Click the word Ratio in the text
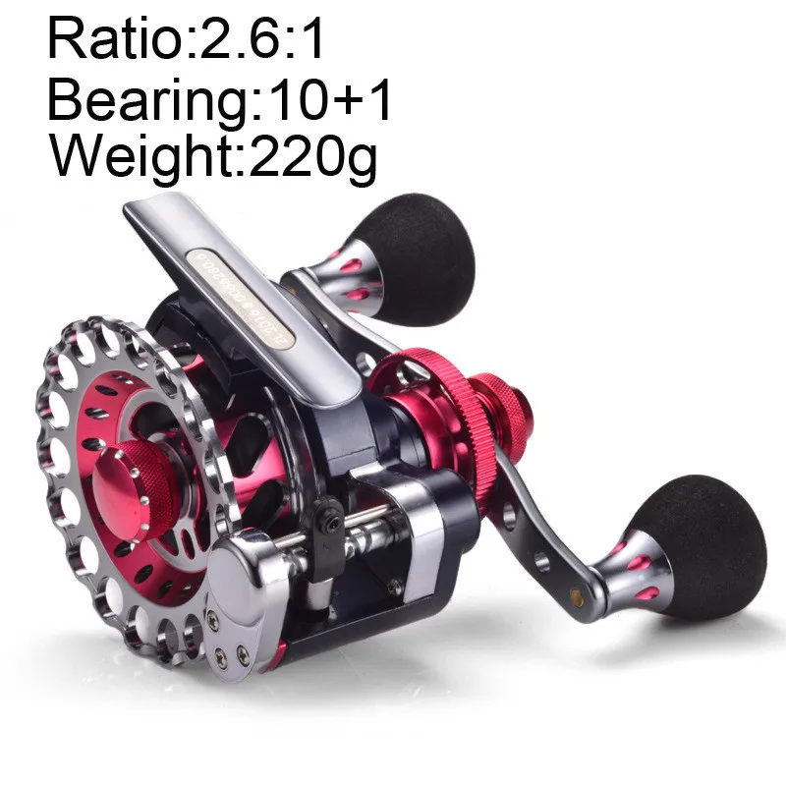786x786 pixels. [x=102, y=41]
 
